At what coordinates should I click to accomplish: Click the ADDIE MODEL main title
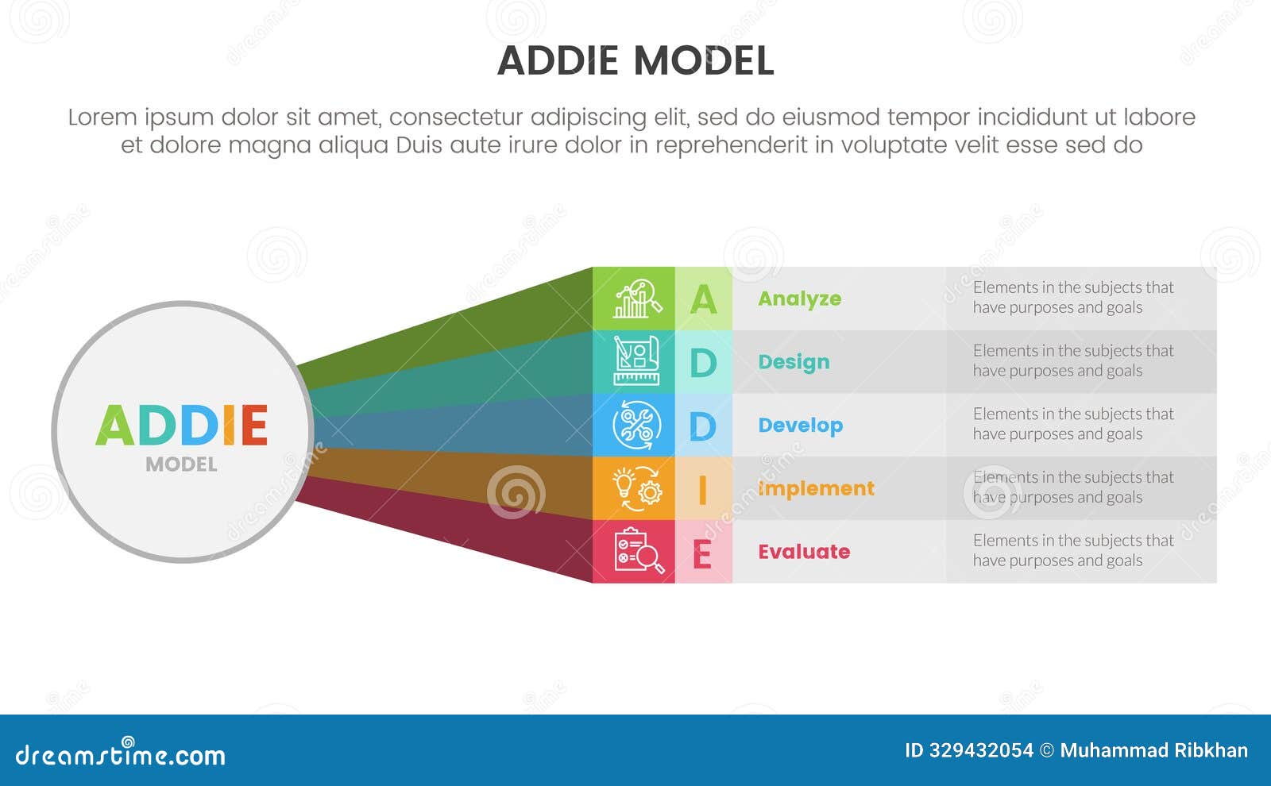(635, 61)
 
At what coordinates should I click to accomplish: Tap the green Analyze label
(799, 299)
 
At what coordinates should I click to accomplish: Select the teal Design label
(794, 362)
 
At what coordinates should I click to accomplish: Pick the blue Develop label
(800, 426)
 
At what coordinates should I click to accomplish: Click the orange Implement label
(816, 488)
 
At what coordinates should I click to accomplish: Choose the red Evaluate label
(803, 552)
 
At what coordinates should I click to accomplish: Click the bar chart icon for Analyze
(636, 299)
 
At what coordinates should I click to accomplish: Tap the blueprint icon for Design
(636, 362)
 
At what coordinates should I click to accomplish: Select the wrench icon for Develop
(636, 426)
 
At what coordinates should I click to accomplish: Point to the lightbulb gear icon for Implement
(636, 488)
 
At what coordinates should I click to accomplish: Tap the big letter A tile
(703, 299)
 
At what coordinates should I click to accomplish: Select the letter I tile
(702, 489)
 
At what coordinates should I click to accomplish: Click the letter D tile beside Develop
(702, 426)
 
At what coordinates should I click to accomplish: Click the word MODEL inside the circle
(181, 464)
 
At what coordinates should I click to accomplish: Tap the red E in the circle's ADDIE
(254, 426)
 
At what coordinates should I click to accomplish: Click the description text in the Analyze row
(1072, 298)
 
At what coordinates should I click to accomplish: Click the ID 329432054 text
(968, 750)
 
